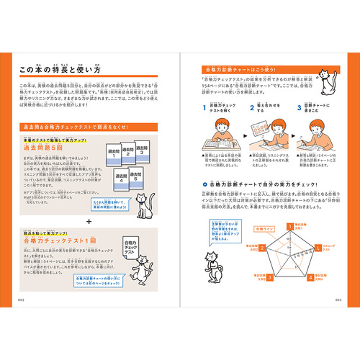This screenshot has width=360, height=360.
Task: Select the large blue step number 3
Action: pyautogui.click(x=299, y=109)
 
